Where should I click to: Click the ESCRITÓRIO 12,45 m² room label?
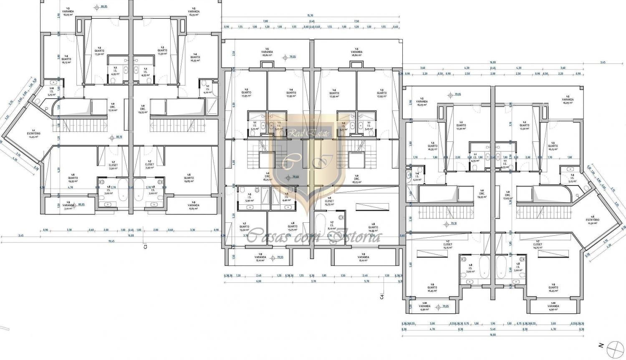click(x=34, y=133)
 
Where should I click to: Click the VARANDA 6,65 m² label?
click(x=193, y=206)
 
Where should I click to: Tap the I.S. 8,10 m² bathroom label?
click(x=332, y=225)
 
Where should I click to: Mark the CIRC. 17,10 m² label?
click(x=113, y=107)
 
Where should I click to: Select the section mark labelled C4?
click(x=381, y=296)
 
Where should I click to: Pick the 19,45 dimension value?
click(x=111, y=241)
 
